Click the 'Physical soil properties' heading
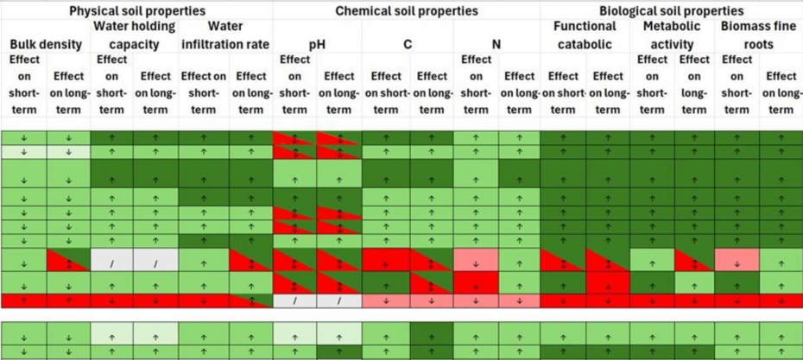pos(136,11)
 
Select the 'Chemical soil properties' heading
pos(406,11)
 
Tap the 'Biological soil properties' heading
pos(671,11)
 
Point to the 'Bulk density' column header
pos(45,43)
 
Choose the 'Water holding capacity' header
pos(134,35)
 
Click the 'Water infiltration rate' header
pos(226,35)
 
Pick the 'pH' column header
pos(317,43)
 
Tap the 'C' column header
pos(408,43)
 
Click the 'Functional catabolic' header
pos(585,35)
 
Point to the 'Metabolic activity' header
pos(673,35)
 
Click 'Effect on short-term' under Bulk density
pos(23,85)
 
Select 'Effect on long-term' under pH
pos(339,92)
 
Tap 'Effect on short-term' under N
pos(475,85)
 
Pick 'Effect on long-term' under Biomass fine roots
pos(781,92)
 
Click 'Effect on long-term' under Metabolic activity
pos(694,85)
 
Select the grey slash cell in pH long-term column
pos(339,301)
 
